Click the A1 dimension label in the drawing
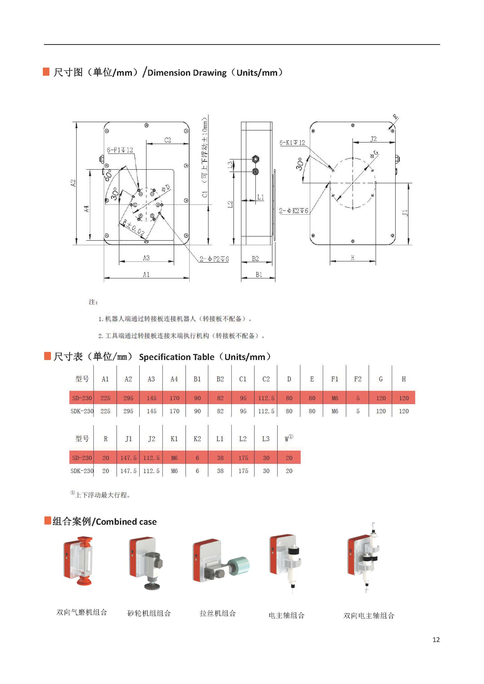tap(146, 274)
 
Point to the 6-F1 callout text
tap(120, 150)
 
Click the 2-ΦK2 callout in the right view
tap(293, 211)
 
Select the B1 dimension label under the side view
tap(259, 274)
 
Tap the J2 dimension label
tap(373, 139)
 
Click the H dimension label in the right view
tap(353, 258)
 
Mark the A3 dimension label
tap(146, 258)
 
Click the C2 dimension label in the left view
tap(167, 140)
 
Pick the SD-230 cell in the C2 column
tap(266, 398)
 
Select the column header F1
tap(335, 379)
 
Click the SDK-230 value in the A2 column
tap(128, 411)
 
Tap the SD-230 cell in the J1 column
tap(128, 458)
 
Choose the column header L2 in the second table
tap(243, 439)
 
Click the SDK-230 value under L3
tap(266, 471)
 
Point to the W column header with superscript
tap(288, 439)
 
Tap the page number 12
tap(436, 640)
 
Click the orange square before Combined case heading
tap(47, 521)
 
